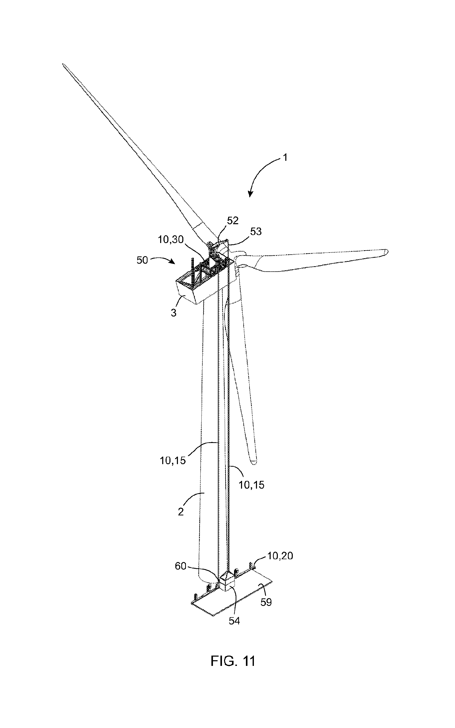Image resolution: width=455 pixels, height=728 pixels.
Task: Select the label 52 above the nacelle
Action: (x=233, y=221)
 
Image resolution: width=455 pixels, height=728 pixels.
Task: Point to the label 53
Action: (x=256, y=231)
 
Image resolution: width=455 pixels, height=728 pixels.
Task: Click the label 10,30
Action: (x=171, y=240)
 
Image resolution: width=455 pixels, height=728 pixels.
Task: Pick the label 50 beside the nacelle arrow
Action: (x=142, y=260)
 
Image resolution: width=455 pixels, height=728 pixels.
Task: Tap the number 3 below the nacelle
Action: (x=174, y=313)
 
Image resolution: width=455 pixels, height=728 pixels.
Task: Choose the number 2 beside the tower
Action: (x=181, y=512)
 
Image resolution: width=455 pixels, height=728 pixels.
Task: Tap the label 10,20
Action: (x=280, y=556)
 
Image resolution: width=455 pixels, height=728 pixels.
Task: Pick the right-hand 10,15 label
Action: (x=252, y=485)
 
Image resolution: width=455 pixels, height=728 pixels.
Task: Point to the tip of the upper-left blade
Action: (x=63, y=64)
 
